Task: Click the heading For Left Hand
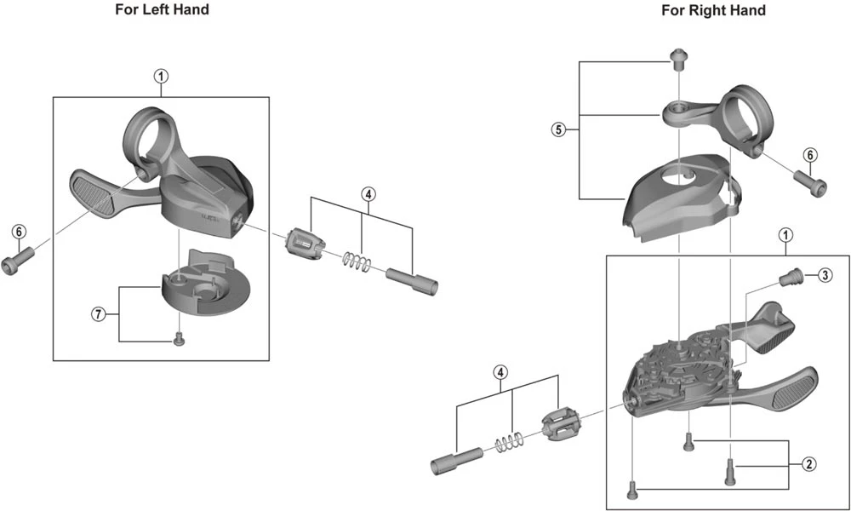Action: tap(162, 10)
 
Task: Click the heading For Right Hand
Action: tap(713, 10)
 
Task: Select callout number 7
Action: tap(99, 314)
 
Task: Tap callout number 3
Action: tap(825, 275)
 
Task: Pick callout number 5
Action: tap(558, 129)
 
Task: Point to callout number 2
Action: tap(808, 464)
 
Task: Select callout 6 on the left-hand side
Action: tap(19, 231)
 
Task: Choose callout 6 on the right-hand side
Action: tap(810, 155)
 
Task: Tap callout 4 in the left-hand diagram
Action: tap(368, 193)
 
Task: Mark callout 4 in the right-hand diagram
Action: tap(501, 372)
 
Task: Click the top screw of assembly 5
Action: tap(678, 59)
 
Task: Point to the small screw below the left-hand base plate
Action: tap(180, 340)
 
